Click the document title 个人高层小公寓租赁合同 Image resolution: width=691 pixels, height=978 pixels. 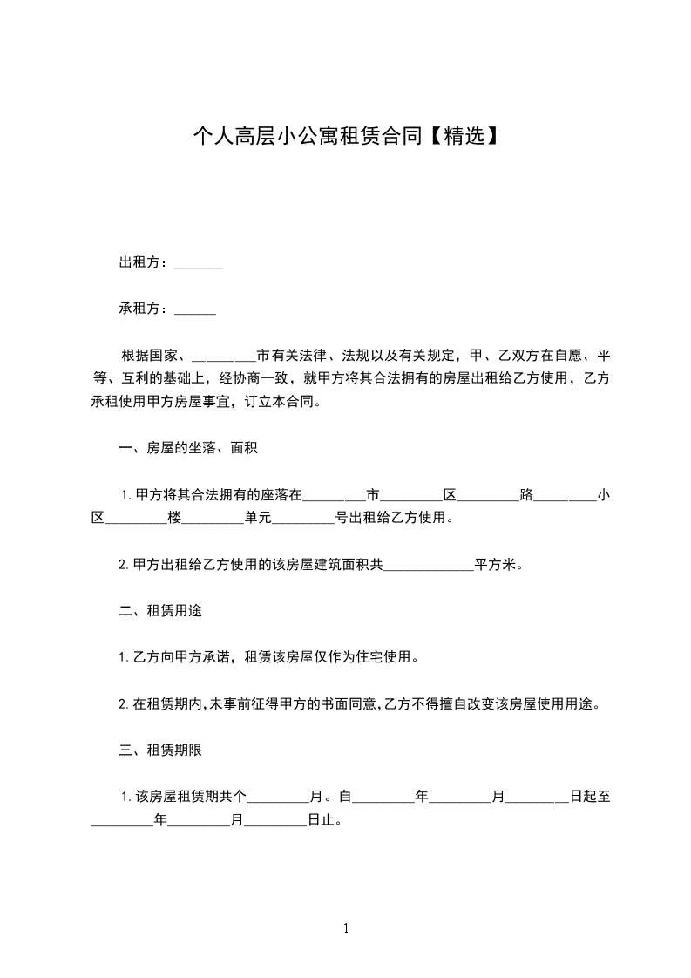pyautogui.click(x=308, y=137)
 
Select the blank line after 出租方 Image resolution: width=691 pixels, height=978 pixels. pyautogui.click(x=199, y=264)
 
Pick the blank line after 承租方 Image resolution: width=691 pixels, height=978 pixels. pyautogui.click(x=195, y=310)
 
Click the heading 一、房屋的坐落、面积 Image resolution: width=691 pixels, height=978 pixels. pyautogui.click(x=187, y=449)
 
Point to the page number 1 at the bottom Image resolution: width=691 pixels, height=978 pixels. pyautogui.click(x=346, y=928)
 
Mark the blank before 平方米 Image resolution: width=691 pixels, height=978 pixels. pyautogui.click(x=428, y=566)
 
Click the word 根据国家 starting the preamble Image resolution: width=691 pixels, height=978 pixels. pyautogui.click(x=149, y=356)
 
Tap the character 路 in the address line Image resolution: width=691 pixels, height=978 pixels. pyautogui.click(x=525, y=495)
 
